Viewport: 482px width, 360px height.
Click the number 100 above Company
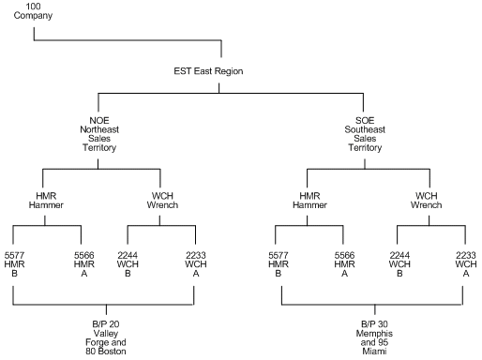click(x=34, y=7)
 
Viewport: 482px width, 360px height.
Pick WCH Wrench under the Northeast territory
click(x=159, y=201)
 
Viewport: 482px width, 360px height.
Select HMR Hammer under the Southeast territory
click(x=309, y=201)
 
